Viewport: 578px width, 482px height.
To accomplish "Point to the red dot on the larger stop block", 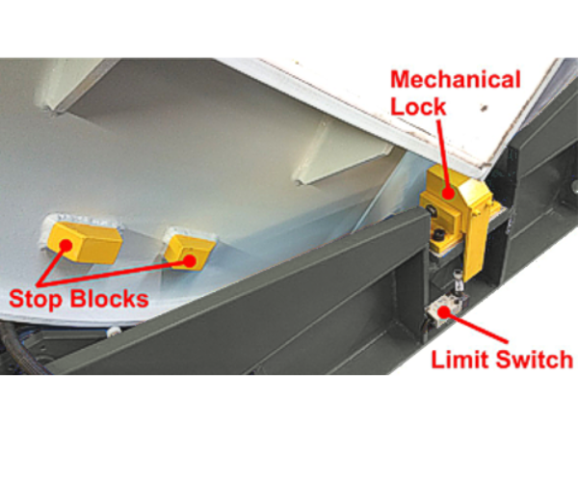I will [x=66, y=245].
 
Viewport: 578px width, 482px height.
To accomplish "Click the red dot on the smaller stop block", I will [x=191, y=258].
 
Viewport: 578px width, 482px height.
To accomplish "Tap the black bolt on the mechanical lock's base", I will [x=438, y=236].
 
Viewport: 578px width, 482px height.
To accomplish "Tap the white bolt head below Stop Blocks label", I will [x=115, y=332].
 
